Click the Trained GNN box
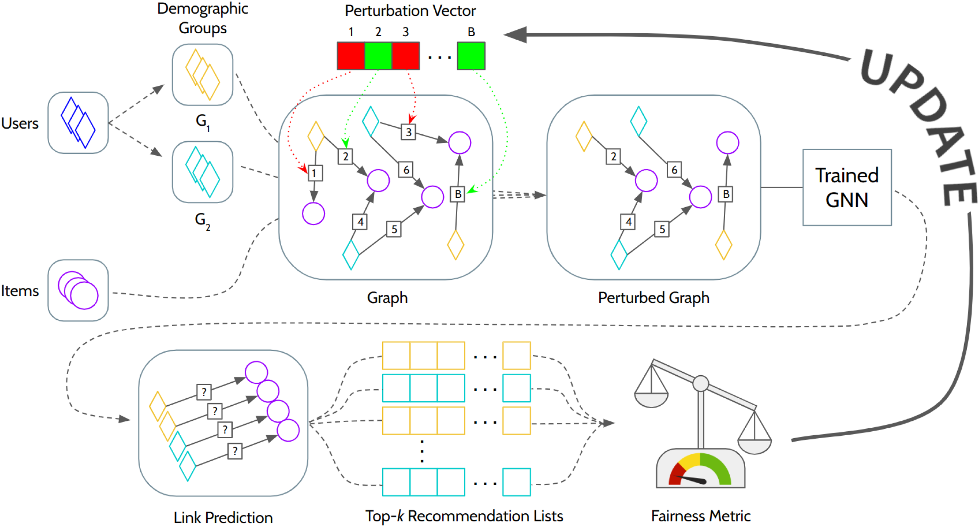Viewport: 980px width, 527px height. pyautogui.click(x=847, y=187)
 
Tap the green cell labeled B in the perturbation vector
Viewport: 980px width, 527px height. pyautogui.click(x=471, y=56)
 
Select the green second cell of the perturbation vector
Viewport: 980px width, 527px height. pyautogui.click(x=378, y=56)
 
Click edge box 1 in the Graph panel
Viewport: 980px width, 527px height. pyautogui.click(x=315, y=173)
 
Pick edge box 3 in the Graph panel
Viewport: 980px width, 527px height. pyautogui.click(x=408, y=132)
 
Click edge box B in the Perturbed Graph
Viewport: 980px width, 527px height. pyautogui.click(x=726, y=194)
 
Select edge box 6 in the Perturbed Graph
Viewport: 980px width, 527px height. pyautogui.click(x=674, y=170)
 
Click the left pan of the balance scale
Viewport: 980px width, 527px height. pyautogui.click(x=651, y=400)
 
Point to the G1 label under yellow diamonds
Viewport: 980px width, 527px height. pyautogui.click(x=202, y=122)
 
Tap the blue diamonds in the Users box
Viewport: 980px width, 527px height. pyautogui.click(x=78, y=123)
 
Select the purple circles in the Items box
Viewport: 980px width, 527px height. pyautogui.click(x=78, y=290)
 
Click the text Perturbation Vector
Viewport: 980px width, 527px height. pyautogui.click(x=410, y=11)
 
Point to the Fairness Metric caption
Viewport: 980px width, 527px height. pyautogui.click(x=701, y=516)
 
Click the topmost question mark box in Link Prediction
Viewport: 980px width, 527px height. pyautogui.click(x=204, y=392)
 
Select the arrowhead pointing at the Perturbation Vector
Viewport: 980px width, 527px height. pyautogui.click(x=515, y=35)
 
